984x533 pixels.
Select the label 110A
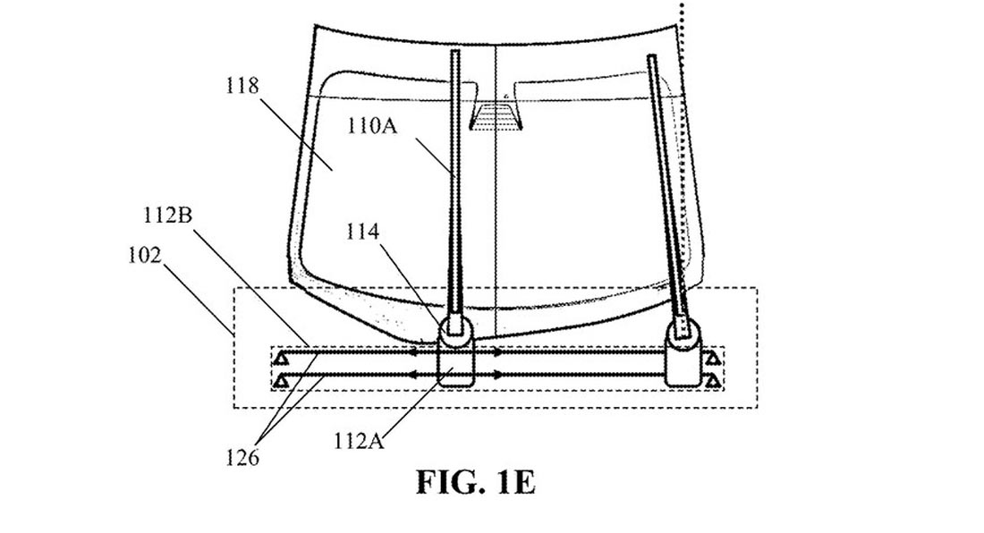371,127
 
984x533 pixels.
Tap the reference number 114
362,233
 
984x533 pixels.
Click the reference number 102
144,256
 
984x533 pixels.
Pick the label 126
242,459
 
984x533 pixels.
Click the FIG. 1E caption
475,483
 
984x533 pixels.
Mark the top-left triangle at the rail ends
280,357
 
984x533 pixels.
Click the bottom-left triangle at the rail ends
280,382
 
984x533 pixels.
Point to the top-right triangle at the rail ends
712,358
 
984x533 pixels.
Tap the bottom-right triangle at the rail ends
712,382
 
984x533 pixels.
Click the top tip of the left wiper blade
454,54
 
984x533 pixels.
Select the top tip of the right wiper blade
652,60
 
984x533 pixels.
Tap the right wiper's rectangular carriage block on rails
683,365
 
